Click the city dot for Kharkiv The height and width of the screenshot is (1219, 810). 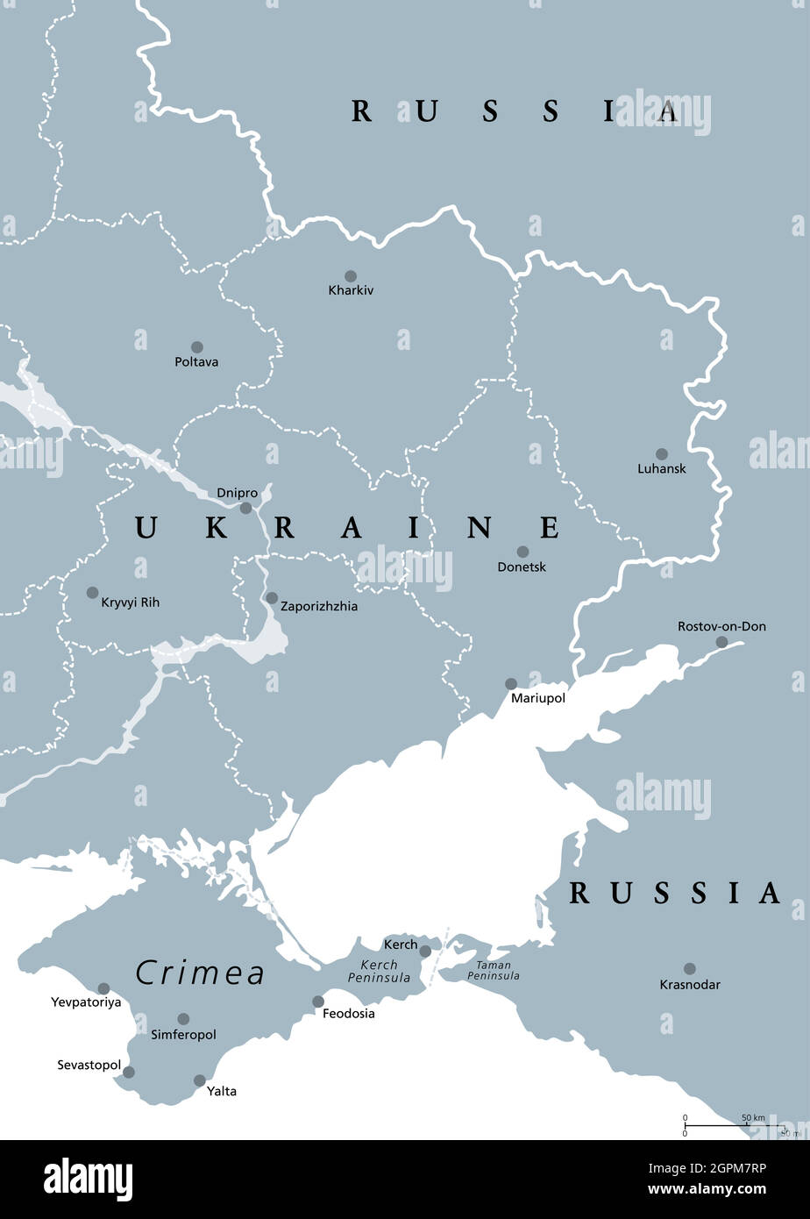351,276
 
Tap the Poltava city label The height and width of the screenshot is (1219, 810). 196,362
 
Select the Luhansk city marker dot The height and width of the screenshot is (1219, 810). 662,454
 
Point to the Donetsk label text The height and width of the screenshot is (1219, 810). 522,567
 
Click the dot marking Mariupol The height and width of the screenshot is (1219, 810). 511,683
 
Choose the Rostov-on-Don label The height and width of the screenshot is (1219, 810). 721,626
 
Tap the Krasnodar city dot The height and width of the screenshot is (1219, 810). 690,969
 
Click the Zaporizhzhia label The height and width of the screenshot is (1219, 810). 319,606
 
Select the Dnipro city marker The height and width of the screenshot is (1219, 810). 246,508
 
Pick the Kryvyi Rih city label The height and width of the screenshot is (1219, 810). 131,602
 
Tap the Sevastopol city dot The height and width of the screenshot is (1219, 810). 129,1072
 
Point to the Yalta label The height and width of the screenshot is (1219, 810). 222,1092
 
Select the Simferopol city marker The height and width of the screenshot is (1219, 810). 183,1019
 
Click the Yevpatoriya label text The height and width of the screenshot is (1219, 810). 86,1002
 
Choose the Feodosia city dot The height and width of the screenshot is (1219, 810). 318,1002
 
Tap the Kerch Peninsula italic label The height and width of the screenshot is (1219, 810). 379,971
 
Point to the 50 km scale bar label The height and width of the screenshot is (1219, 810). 753,1118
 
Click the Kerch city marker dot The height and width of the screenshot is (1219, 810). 425,951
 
